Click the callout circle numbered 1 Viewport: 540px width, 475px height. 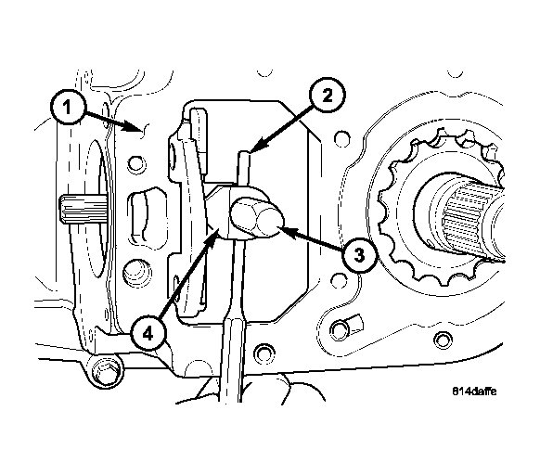[68, 107]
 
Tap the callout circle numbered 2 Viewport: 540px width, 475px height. [328, 95]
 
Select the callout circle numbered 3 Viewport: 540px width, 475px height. [359, 255]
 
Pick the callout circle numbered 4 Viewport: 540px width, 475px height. [148, 333]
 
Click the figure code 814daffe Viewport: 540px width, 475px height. [474, 392]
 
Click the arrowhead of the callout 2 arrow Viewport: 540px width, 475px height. [258, 146]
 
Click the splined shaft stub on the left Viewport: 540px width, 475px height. [84, 209]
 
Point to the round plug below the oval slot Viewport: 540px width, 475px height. [136, 273]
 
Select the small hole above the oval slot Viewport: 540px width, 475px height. [136, 164]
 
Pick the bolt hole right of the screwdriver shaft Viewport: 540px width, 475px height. [264, 353]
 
